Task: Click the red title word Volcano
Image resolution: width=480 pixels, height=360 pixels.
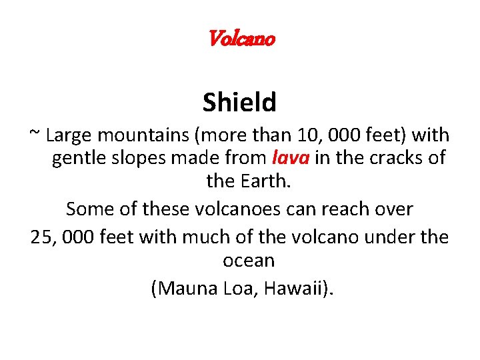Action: (x=241, y=39)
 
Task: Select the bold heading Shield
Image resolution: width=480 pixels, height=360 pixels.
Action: (x=239, y=103)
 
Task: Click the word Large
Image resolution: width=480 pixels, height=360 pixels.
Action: (x=70, y=136)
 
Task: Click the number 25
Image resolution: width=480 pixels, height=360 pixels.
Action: (x=43, y=237)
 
